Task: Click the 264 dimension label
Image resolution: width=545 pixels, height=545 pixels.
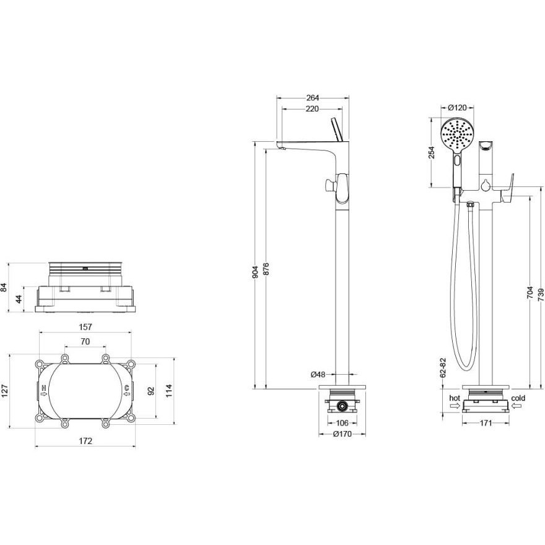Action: tap(313, 98)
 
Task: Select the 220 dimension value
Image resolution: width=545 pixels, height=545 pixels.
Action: tap(312, 109)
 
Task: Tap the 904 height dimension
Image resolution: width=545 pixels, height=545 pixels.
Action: tap(255, 272)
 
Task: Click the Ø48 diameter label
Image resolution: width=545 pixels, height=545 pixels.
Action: tap(318, 374)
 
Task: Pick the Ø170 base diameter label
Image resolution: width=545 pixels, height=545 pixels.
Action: tap(342, 434)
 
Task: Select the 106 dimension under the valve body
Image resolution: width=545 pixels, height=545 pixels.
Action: tap(342, 423)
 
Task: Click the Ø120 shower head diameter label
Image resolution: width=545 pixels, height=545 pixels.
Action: tap(457, 107)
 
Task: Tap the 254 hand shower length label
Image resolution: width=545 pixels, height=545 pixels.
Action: tap(431, 152)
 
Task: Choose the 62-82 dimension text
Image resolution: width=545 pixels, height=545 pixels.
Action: tap(443, 368)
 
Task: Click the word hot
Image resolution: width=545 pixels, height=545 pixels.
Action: tap(455, 398)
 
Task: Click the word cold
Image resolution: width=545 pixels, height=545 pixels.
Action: tap(518, 398)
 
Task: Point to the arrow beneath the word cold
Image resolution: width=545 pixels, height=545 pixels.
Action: tap(517, 406)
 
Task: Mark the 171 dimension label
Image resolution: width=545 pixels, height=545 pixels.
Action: tap(486, 423)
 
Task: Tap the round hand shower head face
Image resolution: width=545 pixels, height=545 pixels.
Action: tap(456, 134)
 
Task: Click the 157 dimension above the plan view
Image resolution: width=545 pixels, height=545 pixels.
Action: tap(85, 327)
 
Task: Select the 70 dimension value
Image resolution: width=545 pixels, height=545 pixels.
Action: tap(85, 342)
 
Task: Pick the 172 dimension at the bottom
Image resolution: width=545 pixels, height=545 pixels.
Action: tap(85, 441)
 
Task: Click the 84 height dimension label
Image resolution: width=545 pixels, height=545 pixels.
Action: tap(4, 287)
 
